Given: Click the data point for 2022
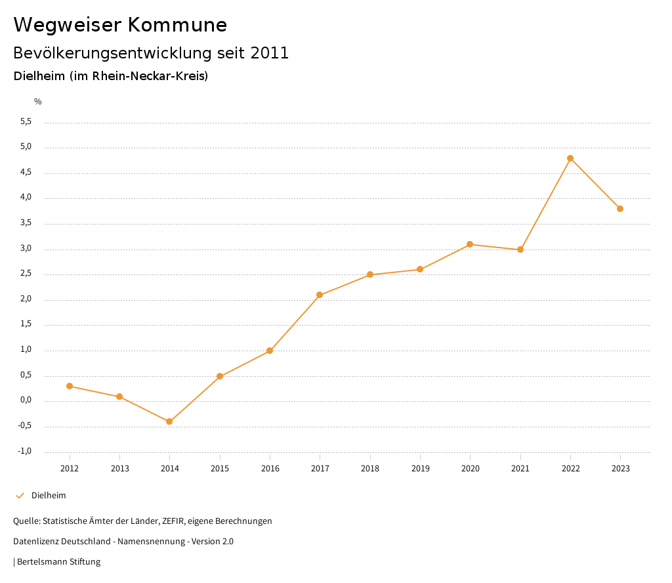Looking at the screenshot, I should point(570,158).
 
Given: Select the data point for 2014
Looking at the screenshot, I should point(169,421).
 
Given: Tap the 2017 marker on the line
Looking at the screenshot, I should point(320,295).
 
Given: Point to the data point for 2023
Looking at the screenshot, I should point(620,209).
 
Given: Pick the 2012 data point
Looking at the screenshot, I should point(70,386).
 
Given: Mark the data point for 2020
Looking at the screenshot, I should point(470,244).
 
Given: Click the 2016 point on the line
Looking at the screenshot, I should point(270,351).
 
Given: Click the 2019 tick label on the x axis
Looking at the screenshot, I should point(420,468).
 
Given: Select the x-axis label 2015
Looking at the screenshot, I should point(220,468).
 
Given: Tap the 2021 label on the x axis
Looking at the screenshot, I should point(520,468).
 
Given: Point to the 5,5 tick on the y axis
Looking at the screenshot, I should point(26,121).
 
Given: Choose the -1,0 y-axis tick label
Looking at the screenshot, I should point(25,451).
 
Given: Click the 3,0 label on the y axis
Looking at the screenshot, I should point(26,248).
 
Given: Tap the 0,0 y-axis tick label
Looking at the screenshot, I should point(26,400).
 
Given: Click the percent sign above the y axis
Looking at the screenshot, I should point(38,102).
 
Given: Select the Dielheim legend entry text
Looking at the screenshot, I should point(49,496).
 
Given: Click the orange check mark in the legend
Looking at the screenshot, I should point(20,496).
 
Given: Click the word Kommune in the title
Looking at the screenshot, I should point(177,25).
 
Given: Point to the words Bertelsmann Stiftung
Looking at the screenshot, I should point(59,562).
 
